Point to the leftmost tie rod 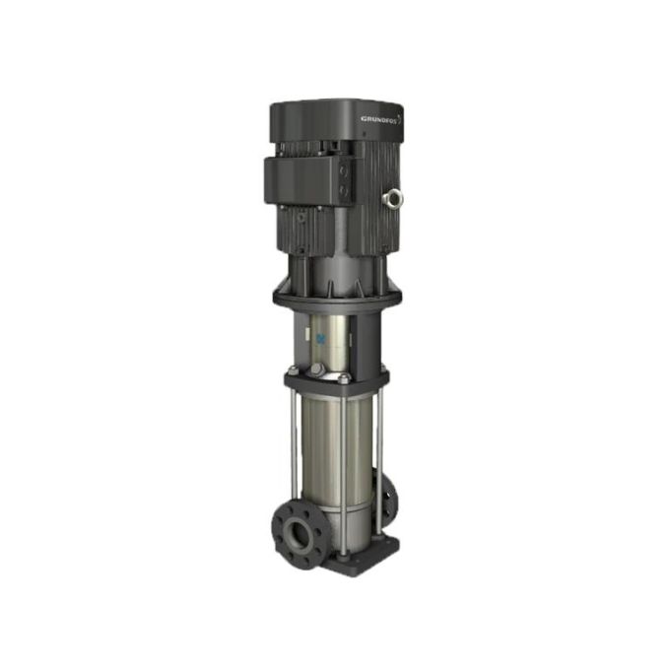[294, 443]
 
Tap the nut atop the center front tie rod [344, 378]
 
